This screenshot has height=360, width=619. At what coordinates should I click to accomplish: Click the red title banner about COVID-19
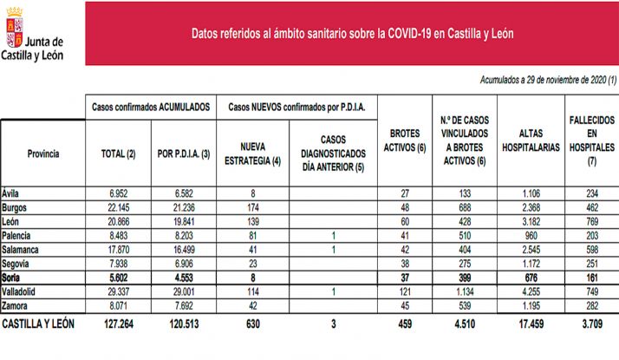click(x=350, y=34)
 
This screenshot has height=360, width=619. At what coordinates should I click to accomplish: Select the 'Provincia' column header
click(x=42, y=154)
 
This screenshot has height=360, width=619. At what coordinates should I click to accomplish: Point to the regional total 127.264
click(x=118, y=324)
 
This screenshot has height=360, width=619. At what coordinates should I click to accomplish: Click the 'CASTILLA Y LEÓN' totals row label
click(x=40, y=324)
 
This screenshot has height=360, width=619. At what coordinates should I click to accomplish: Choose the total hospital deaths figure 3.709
click(x=591, y=324)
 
